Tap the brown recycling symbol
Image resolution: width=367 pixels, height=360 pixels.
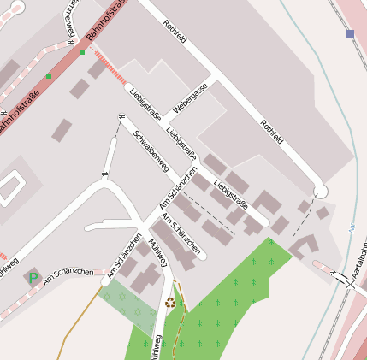pos(169,301)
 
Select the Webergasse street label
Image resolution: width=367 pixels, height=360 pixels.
pos(190,98)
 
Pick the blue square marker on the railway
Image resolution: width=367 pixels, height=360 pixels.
pos(350,33)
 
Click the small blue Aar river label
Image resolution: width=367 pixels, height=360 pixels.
pos(352,229)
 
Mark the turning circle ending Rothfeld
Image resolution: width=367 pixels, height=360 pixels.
pos(320,191)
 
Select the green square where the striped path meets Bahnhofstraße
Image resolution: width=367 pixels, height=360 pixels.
pos(82,52)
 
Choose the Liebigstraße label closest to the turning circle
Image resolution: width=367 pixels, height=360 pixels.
pos(231,193)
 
